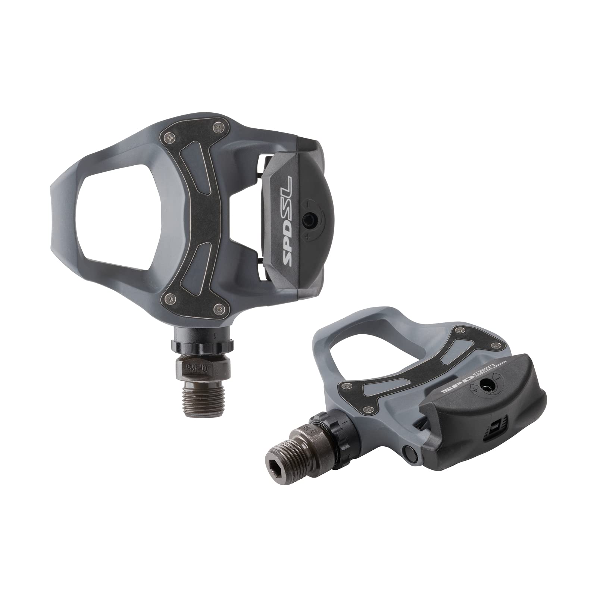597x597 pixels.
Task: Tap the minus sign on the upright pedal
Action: point(306,203)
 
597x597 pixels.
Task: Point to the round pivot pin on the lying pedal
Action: point(407,452)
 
